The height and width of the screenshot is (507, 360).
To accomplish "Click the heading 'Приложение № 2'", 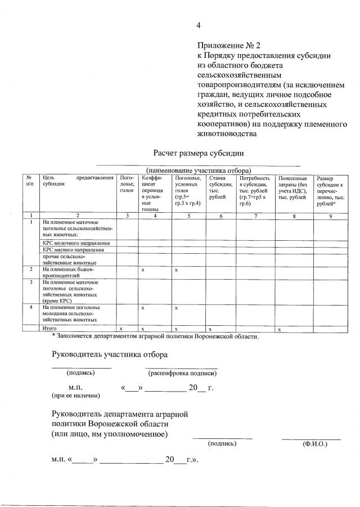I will (x=229, y=45).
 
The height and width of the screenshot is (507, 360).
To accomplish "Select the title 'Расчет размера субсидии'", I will (x=199, y=153).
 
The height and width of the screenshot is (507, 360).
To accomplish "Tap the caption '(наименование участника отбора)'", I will (x=198, y=170).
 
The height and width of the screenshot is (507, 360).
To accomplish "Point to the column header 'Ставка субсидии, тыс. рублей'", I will (x=220, y=187).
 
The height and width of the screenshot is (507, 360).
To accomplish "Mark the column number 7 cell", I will (x=255, y=216).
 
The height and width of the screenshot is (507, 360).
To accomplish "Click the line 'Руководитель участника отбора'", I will (x=110, y=355).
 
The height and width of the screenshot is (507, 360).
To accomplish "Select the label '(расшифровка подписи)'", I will (x=182, y=373).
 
